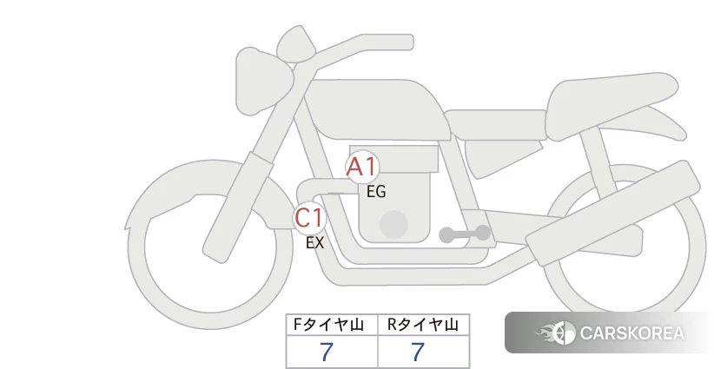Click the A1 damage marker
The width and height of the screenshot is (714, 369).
pyautogui.click(x=361, y=168)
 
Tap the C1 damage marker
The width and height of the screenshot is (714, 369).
pyautogui.click(x=309, y=218)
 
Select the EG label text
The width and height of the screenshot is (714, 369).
pyautogui.click(x=375, y=192)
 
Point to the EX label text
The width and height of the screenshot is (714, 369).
pyautogui.click(x=314, y=243)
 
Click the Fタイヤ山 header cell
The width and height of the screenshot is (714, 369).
pyautogui.click(x=332, y=326)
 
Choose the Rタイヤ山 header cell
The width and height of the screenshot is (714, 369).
pyautogui.click(x=423, y=326)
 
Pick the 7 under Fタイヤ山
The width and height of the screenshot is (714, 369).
pyautogui.click(x=327, y=353)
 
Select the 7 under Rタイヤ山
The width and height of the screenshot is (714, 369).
pyautogui.click(x=418, y=353)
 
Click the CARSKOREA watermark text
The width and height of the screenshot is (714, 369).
pyautogui.click(x=631, y=333)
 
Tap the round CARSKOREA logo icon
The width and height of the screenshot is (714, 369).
pyautogui.click(x=562, y=333)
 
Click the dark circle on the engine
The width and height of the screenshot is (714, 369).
pyautogui.click(x=394, y=224)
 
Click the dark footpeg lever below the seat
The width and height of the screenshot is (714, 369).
pyautogui.click(x=465, y=234)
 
